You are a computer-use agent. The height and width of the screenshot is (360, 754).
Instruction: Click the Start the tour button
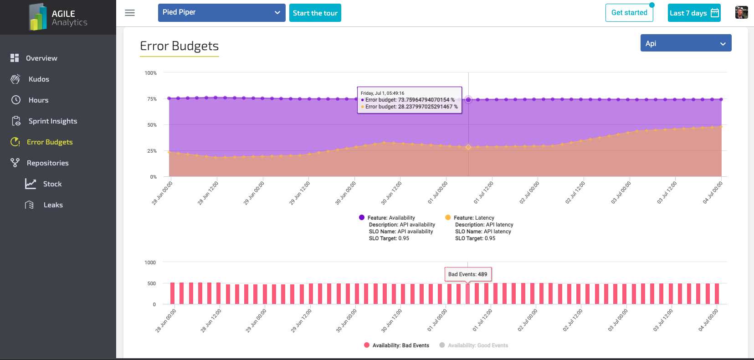click(315, 13)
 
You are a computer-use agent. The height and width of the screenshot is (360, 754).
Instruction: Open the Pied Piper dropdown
click(221, 13)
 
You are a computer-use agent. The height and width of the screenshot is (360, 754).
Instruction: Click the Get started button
click(629, 13)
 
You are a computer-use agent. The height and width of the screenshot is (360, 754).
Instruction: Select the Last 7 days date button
click(694, 13)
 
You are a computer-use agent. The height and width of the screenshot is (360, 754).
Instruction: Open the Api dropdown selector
click(686, 43)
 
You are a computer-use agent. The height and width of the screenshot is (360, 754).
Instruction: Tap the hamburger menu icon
click(130, 13)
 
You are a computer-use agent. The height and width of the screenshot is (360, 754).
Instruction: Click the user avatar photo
click(741, 13)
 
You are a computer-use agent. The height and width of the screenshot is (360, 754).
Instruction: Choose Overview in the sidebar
click(41, 58)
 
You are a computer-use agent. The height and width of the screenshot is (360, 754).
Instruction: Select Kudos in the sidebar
click(39, 79)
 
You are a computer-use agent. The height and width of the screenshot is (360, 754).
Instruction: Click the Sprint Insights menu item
click(52, 121)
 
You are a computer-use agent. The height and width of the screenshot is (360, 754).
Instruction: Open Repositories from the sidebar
click(47, 163)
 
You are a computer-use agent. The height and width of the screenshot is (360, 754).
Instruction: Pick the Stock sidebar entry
click(52, 184)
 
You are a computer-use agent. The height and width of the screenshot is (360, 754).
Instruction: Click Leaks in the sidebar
click(53, 205)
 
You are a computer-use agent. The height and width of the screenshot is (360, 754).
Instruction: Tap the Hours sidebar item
click(38, 100)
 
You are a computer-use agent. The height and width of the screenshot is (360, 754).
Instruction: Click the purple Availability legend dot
click(362, 218)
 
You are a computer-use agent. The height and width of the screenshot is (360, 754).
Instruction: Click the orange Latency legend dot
click(448, 218)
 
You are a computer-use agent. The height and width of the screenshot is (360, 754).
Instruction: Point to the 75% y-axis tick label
click(152, 99)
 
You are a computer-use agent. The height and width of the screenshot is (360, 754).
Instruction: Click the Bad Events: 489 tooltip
click(467, 274)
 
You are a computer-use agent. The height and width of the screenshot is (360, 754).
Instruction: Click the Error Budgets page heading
click(179, 46)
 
